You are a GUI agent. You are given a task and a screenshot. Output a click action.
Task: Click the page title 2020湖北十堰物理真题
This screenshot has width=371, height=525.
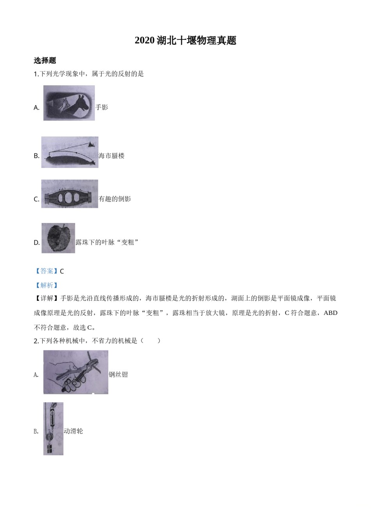pos(185,41)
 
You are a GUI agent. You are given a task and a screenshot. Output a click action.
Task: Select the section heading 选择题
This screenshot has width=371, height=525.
pos(45,61)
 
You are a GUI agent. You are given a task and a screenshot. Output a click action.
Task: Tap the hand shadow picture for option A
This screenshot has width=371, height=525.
pos(69,103)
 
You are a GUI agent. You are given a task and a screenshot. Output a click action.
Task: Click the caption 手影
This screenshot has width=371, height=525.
pos(102,107)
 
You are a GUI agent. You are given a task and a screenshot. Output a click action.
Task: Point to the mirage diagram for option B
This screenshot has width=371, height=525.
pos(70,152)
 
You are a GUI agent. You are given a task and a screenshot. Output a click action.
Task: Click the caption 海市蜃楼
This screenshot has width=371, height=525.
pos(112,156)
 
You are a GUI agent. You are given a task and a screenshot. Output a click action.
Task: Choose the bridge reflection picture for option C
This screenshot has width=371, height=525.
pos(70,194)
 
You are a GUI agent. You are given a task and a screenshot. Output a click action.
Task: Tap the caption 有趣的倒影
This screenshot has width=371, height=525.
pos(115,199)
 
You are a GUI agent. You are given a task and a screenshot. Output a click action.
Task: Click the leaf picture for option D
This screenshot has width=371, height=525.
pos(58,238)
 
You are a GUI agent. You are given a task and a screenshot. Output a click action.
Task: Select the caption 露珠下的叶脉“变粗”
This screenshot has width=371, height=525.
pos(107,242)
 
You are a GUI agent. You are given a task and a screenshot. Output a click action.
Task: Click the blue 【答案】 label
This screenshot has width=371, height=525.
pos(46,271)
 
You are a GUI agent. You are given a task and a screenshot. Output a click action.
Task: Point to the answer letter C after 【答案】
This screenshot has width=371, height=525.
pos(62,271)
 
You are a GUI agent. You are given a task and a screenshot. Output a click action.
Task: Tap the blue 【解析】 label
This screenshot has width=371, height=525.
pos(46,286)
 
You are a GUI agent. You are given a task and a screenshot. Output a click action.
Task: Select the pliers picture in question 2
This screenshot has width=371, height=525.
pos(75,372)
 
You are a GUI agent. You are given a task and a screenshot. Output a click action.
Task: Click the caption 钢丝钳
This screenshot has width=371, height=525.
pos(118,375)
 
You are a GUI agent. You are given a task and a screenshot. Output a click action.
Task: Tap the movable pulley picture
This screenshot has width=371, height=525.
pos(53,429)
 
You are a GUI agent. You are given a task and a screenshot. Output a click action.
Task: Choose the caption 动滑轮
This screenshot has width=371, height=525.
pos(73,431)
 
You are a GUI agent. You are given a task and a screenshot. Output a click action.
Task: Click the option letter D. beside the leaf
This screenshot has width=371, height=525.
pos(37,243)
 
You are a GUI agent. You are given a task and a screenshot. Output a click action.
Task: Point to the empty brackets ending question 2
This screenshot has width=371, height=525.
pos(150,341)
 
